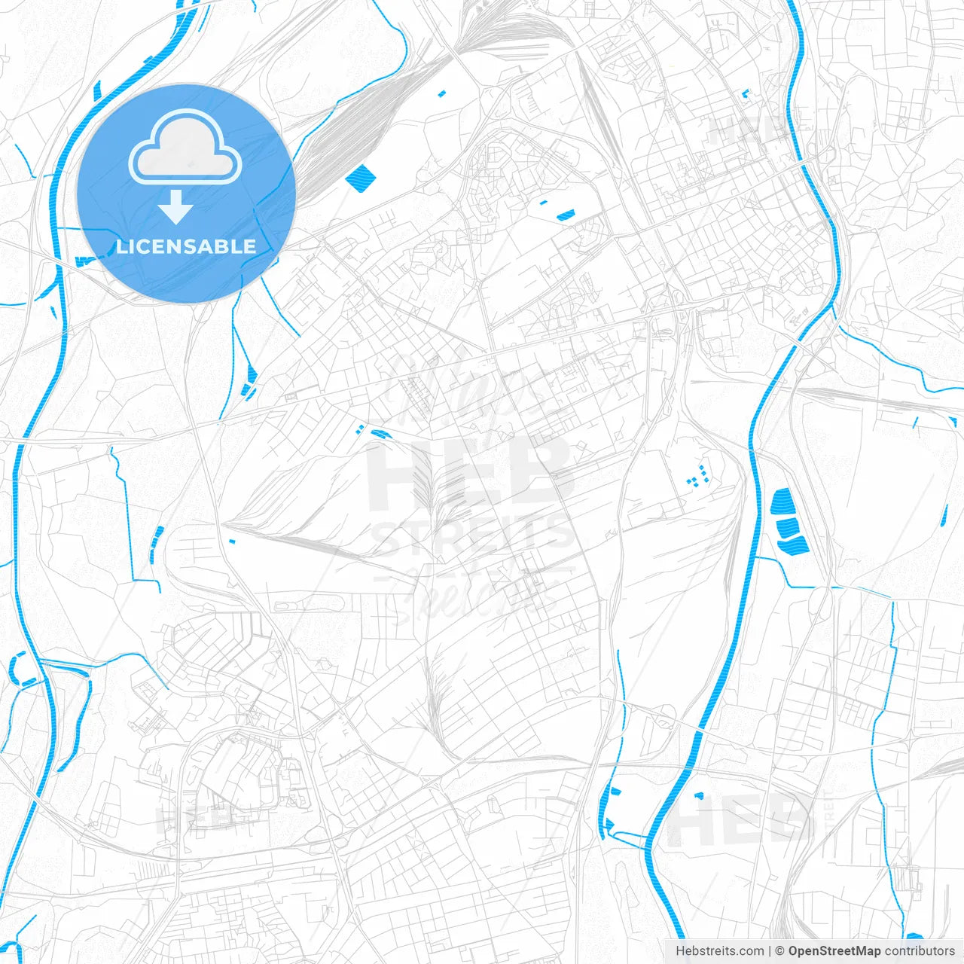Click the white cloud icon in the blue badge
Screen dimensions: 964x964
coord(185,147)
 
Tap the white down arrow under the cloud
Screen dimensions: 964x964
coord(175,207)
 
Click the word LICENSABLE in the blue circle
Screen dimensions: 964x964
coord(186,246)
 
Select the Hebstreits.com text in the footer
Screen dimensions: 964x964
coord(719,951)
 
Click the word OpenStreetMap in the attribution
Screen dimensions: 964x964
coord(834,951)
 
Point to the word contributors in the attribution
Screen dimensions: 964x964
coord(919,951)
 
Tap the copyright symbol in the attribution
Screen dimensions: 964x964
coord(779,951)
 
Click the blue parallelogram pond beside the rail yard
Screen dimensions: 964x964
coord(360,178)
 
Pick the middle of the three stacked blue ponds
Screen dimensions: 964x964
coord(788,527)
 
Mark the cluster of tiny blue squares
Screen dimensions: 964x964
coord(698,475)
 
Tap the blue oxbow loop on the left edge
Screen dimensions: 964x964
coord(23,670)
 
